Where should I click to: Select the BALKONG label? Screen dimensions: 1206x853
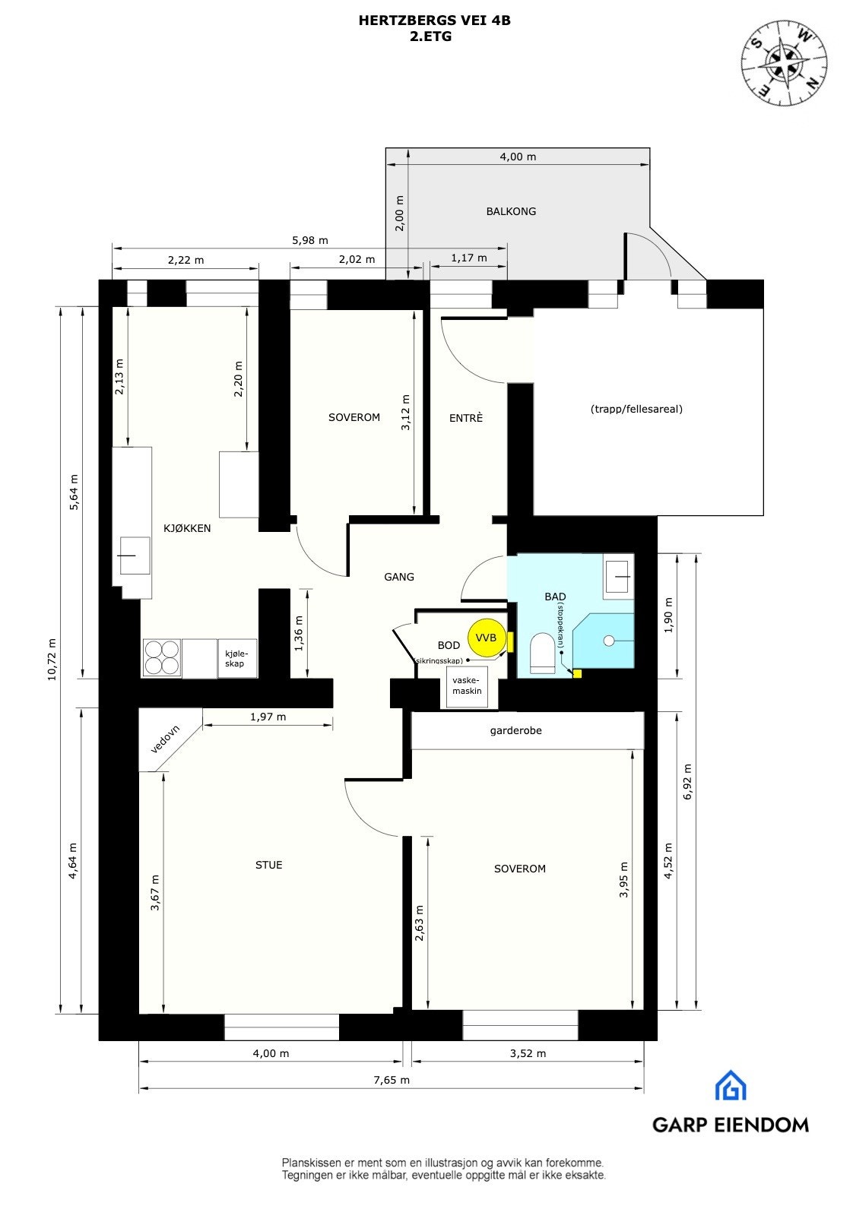point(511,211)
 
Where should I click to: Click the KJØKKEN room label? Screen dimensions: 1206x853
point(187,528)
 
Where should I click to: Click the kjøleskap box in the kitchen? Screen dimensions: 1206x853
point(236,658)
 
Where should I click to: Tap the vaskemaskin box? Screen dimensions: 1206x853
point(467,686)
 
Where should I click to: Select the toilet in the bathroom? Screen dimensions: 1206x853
point(543,653)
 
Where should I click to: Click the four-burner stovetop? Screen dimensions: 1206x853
point(162,658)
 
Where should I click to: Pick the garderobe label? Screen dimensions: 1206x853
point(515,731)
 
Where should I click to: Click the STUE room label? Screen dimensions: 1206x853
point(268,865)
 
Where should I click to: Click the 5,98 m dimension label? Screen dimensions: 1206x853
point(309,240)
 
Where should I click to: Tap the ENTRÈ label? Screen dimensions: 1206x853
point(466,418)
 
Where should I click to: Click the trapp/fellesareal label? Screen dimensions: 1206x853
point(636,409)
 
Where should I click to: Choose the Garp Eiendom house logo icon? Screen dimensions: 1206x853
point(730,1085)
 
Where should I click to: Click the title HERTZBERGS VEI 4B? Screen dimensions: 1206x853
point(434,21)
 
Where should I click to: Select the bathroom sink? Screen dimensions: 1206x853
point(618,576)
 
